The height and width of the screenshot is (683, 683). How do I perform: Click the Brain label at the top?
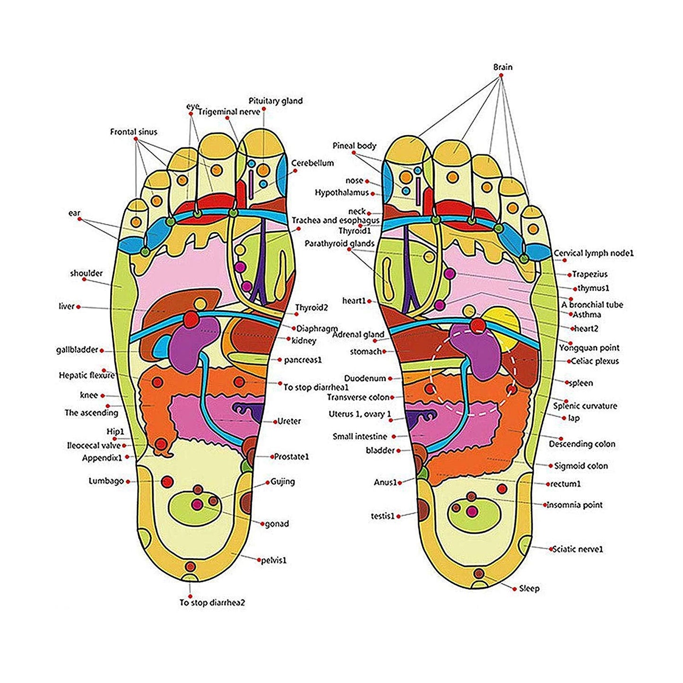[502, 67]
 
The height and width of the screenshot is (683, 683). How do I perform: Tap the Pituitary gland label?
[276, 101]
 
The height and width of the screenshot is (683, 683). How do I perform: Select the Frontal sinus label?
[133, 132]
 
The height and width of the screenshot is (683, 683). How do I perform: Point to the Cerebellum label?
[312, 163]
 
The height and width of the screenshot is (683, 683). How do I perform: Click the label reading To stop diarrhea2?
[212, 603]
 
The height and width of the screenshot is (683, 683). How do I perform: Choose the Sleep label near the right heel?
[529, 588]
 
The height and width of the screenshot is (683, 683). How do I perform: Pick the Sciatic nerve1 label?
[578, 549]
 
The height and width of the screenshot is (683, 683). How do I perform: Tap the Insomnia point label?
[574, 505]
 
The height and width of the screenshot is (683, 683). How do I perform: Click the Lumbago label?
[106, 481]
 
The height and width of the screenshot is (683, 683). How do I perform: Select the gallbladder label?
[77, 350]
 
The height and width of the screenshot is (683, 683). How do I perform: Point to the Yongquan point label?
[589, 348]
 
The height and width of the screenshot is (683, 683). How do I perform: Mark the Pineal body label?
[354, 146]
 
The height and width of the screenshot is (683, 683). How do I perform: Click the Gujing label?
[283, 482]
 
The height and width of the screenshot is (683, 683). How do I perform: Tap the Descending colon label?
[582, 444]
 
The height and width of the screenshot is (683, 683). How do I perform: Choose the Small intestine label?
[360, 437]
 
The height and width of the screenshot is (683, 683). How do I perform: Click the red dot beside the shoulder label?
[85, 279]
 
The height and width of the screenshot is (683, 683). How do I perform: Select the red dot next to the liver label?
[78, 307]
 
